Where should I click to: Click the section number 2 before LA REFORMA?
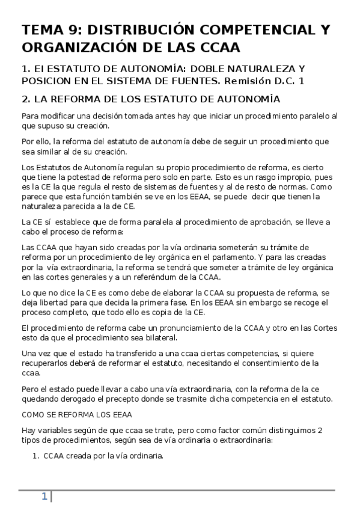[x=25, y=99]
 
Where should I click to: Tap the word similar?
[x=49, y=152]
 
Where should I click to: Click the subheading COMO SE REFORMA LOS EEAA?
[x=76, y=415]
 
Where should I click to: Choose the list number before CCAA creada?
[x=35, y=456]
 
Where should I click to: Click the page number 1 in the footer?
[x=44, y=496]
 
